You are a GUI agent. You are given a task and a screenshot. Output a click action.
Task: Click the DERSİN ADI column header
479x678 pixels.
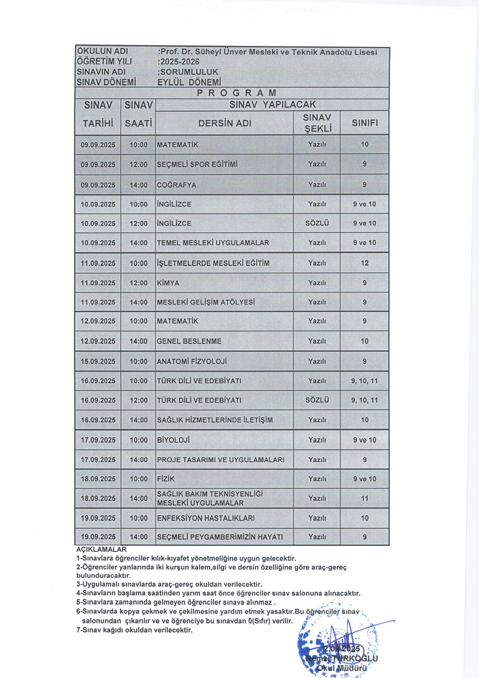coord(225,123)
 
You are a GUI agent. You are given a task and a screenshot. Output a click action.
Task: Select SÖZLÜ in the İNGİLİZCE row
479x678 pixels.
coord(317,223)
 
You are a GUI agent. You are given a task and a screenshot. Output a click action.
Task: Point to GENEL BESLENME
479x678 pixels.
coord(189,341)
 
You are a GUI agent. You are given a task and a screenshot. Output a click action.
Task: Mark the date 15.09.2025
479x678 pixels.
coord(98,361)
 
